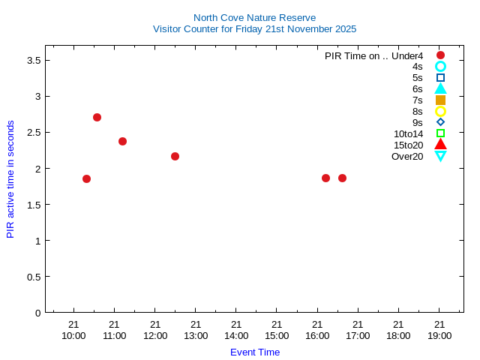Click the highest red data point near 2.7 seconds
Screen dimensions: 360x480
point(97,117)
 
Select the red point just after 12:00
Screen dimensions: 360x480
point(175,156)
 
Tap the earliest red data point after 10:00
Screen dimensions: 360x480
point(86,178)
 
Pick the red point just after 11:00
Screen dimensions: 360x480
point(122,141)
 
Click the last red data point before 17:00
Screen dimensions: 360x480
point(342,178)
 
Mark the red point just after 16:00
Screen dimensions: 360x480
point(325,178)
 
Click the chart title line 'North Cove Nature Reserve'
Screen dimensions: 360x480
point(254,17)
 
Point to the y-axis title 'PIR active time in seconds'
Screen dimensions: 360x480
point(10,178)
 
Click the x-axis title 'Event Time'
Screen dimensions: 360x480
point(254,352)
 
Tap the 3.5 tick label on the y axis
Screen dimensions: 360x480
point(33,60)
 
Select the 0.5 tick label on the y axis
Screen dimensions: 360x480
point(33,277)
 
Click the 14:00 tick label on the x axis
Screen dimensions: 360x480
point(235,335)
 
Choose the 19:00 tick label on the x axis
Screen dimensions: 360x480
point(439,335)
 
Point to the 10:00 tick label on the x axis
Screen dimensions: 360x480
point(73,335)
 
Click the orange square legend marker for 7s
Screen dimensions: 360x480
point(440,100)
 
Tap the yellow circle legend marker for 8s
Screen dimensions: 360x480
point(440,111)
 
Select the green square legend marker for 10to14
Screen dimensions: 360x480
point(440,133)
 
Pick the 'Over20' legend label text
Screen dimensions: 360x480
point(407,156)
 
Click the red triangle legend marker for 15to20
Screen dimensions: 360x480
point(440,144)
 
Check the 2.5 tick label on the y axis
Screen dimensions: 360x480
point(33,132)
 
